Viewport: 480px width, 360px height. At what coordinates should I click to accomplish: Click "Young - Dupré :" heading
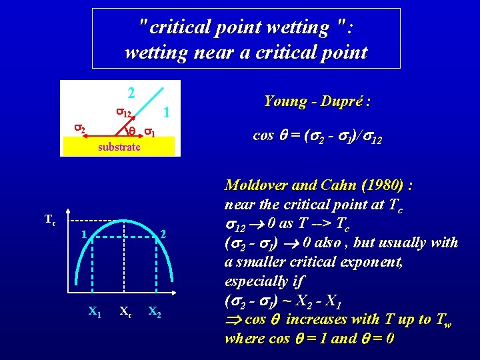pos(317,101)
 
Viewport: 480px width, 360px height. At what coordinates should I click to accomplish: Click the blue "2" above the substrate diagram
pos(132,92)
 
